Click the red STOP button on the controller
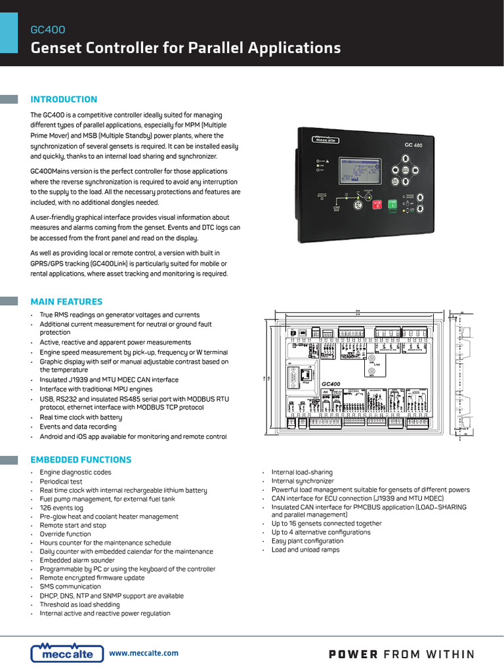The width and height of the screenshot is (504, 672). [377, 204]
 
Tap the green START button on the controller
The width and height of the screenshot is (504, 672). [392, 204]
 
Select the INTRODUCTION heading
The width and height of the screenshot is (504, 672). [64, 100]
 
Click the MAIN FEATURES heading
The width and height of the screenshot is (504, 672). [66, 302]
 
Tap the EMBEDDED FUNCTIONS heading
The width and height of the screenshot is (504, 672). [81, 459]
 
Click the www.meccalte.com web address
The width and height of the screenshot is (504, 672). [143, 653]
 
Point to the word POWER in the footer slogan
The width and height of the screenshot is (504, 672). [352, 654]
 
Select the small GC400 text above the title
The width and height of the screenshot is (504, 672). [48, 30]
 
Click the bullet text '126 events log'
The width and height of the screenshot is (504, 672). [62, 508]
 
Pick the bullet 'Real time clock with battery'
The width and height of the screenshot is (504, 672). [81, 417]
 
